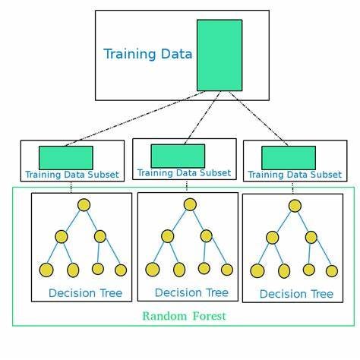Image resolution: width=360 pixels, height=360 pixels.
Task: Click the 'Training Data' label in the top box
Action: pyautogui.click(x=147, y=54)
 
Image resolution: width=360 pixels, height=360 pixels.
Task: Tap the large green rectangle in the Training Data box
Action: pyautogui.click(x=219, y=55)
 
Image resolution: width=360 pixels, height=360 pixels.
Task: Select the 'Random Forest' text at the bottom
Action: pyautogui.click(x=184, y=315)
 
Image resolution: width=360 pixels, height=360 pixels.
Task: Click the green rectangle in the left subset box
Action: pyautogui.click(x=66, y=157)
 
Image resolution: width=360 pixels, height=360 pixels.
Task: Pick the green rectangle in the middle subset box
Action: pyautogui.click(x=178, y=156)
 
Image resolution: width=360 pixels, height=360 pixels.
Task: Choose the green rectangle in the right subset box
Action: pyautogui.click(x=289, y=157)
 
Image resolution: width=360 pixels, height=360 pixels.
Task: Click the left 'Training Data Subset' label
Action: pyautogui.click(x=71, y=175)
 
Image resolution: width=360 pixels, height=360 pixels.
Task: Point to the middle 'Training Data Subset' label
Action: pyautogui.click(x=184, y=173)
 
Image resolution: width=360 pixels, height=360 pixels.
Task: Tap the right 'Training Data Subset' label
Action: pyautogui.click(x=295, y=175)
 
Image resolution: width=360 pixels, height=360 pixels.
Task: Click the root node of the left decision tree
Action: pyautogui.click(x=84, y=204)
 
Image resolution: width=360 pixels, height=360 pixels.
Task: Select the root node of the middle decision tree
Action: pyautogui.click(x=190, y=204)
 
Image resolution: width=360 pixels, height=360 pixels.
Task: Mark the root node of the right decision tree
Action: pyautogui.click(x=295, y=205)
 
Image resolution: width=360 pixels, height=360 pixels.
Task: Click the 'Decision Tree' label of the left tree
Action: pyautogui.click(x=85, y=293)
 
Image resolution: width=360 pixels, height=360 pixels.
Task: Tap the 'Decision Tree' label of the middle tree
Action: pyautogui.click(x=191, y=292)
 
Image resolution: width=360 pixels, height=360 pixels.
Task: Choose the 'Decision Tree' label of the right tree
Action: pyautogui.click(x=296, y=294)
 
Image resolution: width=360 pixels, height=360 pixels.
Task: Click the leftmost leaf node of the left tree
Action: pyautogui.click(x=46, y=270)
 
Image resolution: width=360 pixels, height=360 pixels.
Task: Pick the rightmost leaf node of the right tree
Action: pyautogui.click(x=332, y=270)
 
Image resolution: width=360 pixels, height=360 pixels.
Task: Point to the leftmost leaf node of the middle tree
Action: pyautogui.click(x=153, y=269)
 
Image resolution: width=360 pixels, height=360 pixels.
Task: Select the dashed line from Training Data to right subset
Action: pyautogui.click(x=258, y=120)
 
